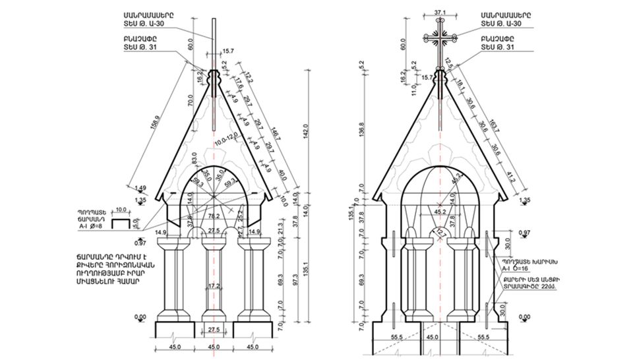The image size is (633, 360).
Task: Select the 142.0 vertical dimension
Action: coord(306,127)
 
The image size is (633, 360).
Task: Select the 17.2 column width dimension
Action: coord(212,287)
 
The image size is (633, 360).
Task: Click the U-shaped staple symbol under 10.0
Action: coord(121,224)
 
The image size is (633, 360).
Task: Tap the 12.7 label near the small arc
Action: coord(438,232)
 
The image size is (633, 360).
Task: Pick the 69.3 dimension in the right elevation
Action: coord(361,280)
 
